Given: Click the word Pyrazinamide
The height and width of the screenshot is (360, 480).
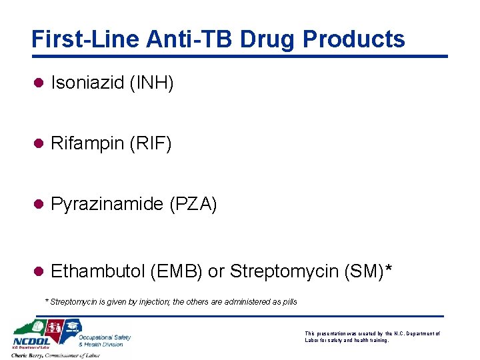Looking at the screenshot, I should tap(107, 205).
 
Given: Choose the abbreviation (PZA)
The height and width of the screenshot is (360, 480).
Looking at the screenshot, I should tap(193, 205).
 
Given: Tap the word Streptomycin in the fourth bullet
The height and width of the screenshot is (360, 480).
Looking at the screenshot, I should tap(283, 272).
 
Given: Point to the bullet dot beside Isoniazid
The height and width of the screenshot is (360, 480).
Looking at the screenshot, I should tap(38, 83).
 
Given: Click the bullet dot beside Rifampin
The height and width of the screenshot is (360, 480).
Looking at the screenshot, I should tap(38, 143).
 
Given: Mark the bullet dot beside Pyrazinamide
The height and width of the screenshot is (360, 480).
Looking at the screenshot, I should tap(38, 204).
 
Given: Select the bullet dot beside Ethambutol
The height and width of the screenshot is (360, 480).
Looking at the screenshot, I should tap(38, 271).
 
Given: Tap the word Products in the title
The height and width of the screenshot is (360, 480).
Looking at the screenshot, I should tap(353, 39).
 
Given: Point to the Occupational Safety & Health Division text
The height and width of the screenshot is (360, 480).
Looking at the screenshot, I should tap(105, 341).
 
